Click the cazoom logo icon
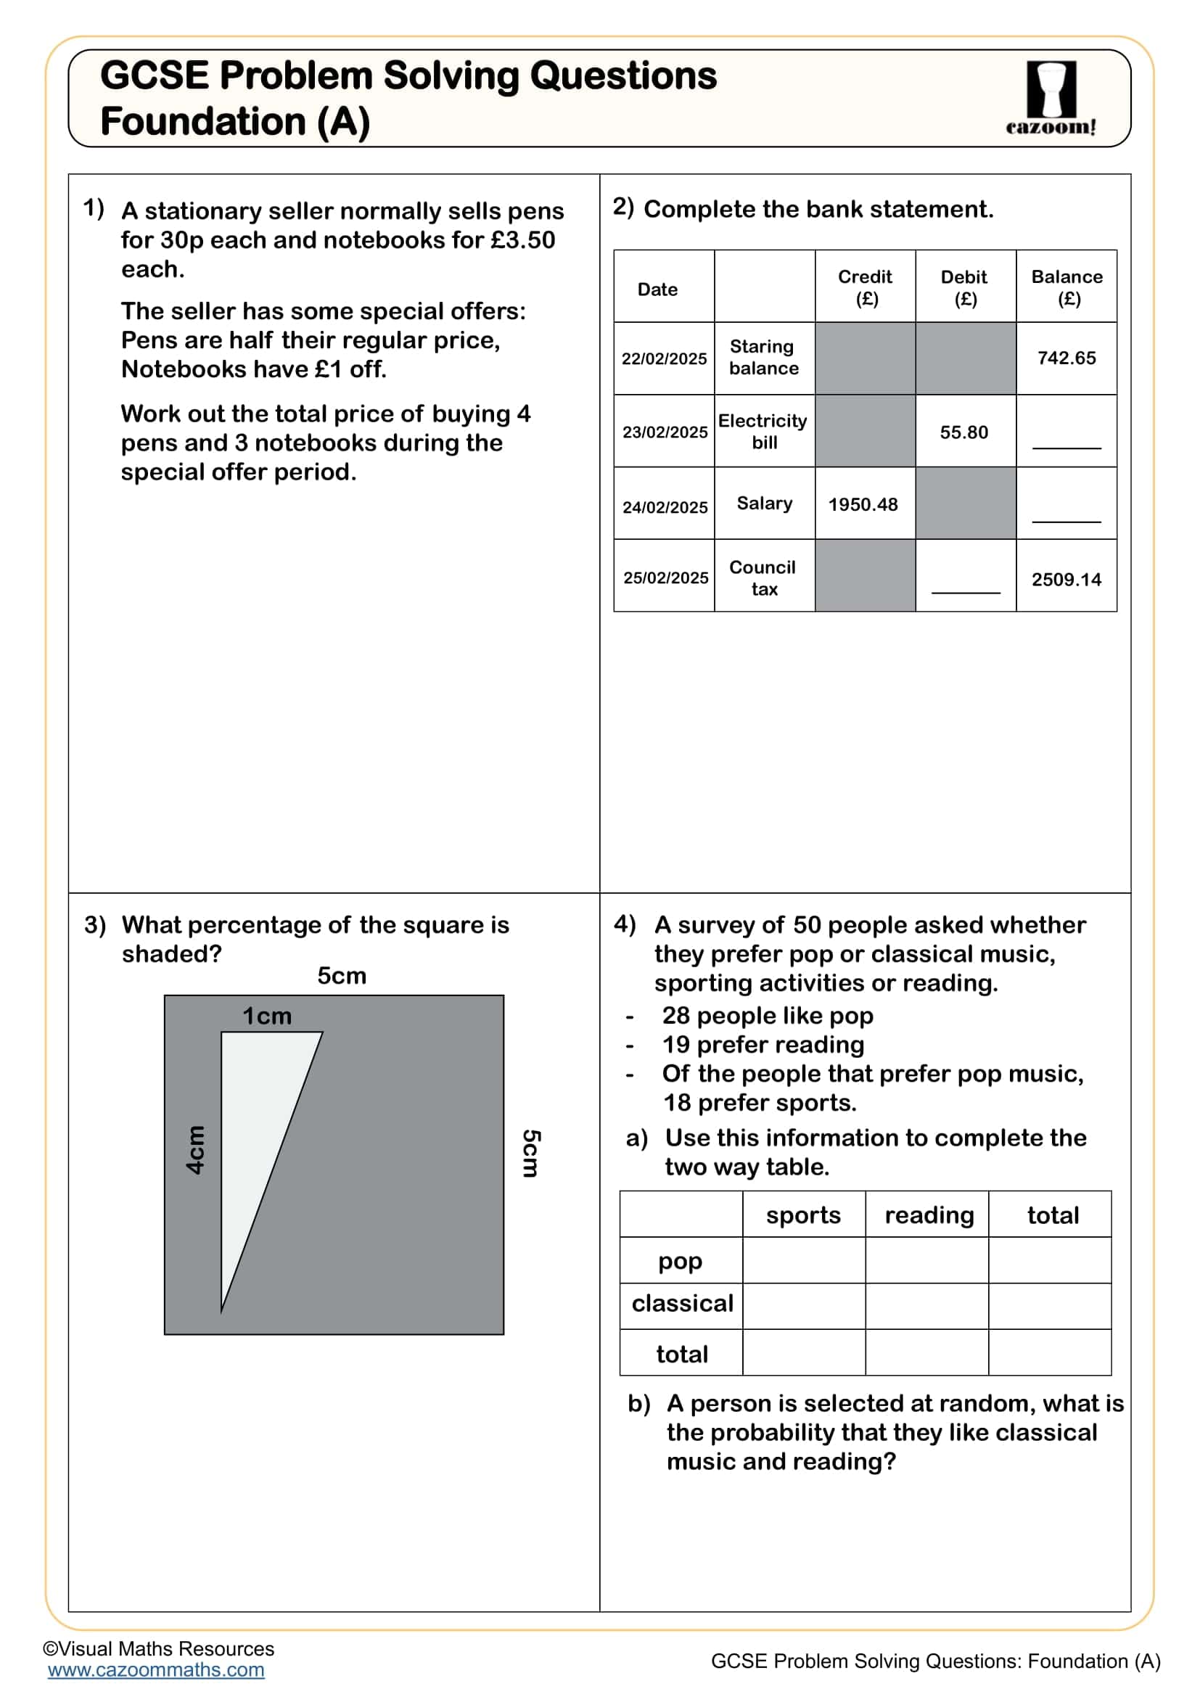coord(1051,89)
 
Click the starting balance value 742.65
coord(1067,358)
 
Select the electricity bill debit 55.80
coord(963,432)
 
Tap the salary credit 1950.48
coord(863,505)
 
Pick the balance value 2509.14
coord(1067,580)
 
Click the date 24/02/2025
coord(665,507)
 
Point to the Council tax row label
coord(763,578)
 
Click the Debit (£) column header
coord(964,287)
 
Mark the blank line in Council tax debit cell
coord(965,591)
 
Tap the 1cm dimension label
coord(267,1016)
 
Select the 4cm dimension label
coord(195,1150)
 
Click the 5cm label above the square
coord(342,976)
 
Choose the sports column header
coord(803,1215)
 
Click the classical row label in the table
coord(681,1303)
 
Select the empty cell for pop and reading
coord(926,1260)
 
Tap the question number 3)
coord(95,924)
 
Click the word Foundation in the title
coord(202,122)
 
